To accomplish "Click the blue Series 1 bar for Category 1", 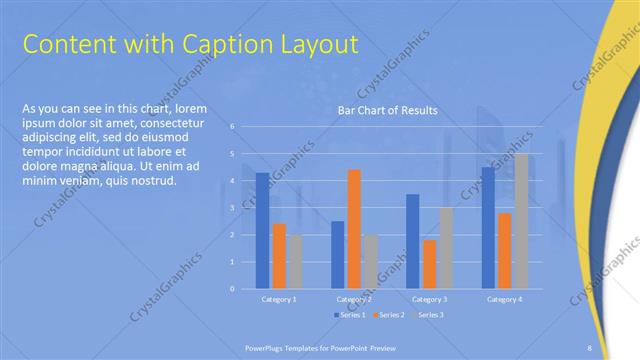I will click(x=262, y=231).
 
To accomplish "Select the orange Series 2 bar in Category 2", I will click(x=354, y=229).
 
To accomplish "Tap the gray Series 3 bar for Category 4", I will click(x=521, y=221).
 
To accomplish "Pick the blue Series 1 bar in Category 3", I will click(x=412, y=241).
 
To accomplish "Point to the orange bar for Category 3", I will click(x=429, y=264).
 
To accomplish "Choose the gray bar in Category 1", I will click(x=295, y=262).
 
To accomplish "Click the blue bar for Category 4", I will click(x=488, y=228).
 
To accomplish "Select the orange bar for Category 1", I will click(x=279, y=256).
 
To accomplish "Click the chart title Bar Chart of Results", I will click(x=388, y=110).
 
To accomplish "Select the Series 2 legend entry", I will click(x=388, y=315).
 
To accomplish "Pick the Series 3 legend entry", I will click(x=428, y=315).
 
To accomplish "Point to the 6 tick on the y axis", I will click(x=232, y=127).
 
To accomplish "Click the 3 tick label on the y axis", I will click(x=232, y=208).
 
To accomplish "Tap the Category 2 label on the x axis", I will click(x=354, y=299).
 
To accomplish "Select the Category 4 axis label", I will click(x=504, y=299).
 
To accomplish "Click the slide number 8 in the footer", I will click(x=590, y=347).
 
